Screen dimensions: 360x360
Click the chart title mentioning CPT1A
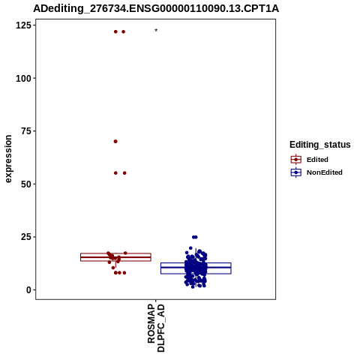click(x=156, y=8)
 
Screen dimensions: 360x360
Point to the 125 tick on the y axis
click(x=23, y=25)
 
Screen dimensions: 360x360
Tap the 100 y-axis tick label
click(x=23, y=79)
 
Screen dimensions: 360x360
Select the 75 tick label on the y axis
click(x=26, y=131)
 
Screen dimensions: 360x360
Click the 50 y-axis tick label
click(x=26, y=184)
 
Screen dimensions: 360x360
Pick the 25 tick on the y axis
click(x=26, y=237)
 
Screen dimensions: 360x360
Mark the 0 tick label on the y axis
click(x=28, y=290)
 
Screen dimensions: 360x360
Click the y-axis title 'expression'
click(x=8, y=159)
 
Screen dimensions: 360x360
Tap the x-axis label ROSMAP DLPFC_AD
click(x=156, y=328)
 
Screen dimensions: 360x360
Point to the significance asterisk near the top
click(x=156, y=31)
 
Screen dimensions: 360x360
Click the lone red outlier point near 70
click(x=115, y=142)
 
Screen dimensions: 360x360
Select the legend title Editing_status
click(x=320, y=145)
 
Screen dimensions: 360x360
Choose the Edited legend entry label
click(x=317, y=160)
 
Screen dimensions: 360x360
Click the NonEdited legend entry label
click(x=325, y=172)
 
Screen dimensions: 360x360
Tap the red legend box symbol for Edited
click(x=296, y=160)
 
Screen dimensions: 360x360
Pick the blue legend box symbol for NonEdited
click(x=296, y=172)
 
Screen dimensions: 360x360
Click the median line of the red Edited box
click(x=115, y=257)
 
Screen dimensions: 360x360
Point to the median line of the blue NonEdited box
click(x=196, y=268)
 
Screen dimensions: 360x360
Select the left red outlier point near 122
click(x=115, y=31)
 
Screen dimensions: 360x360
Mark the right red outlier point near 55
click(x=124, y=173)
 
